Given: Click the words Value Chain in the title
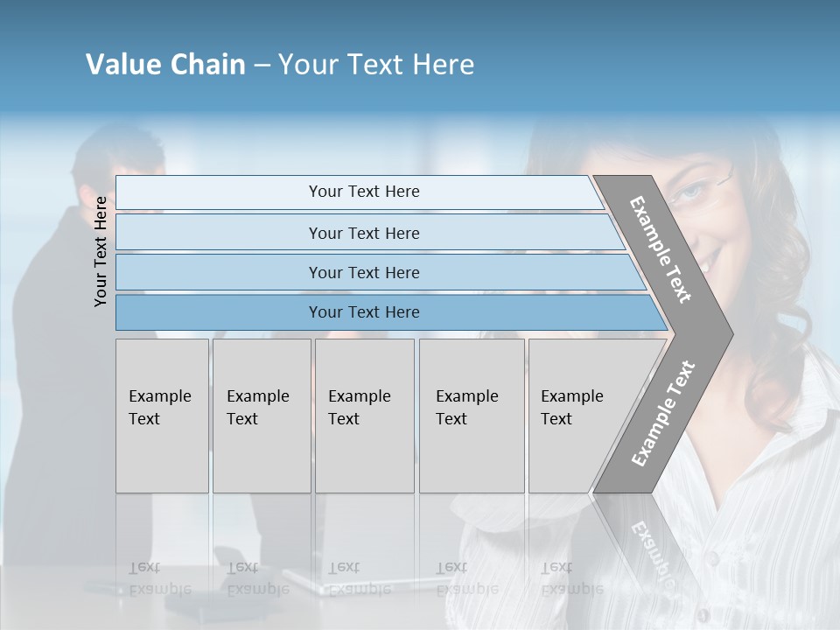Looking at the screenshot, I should [165, 65].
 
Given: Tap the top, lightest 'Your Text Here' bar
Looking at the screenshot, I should [364, 192].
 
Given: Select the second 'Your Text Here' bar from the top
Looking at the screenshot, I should [364, 233].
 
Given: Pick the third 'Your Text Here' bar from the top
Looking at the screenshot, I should [364, 272].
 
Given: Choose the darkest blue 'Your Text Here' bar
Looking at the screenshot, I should [364, 312].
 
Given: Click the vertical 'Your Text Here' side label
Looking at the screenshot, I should [101, 251].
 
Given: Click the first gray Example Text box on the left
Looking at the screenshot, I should [162, 415].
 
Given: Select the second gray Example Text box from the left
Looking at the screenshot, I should [262, 415].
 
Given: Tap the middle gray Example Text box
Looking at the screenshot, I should [364, 415].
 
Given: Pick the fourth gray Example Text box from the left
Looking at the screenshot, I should [472, 415].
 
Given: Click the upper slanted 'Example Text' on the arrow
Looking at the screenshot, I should [661, 249].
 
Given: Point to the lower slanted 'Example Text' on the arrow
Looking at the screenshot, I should [663, 413].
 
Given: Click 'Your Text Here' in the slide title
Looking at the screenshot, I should [376, 65].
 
